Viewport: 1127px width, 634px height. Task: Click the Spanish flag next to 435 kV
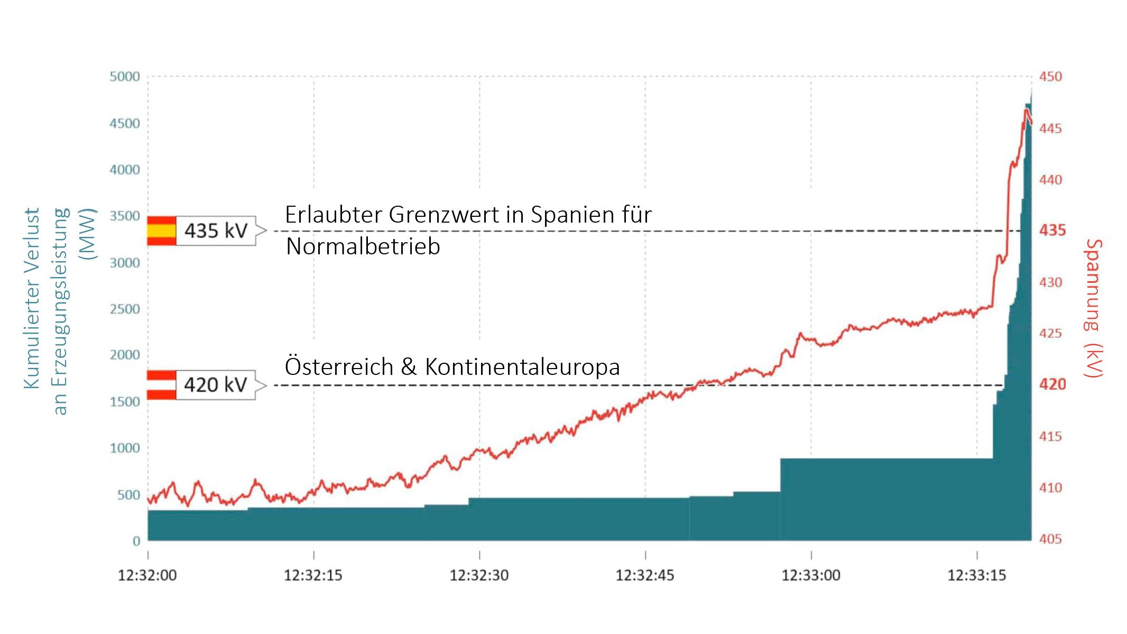161,231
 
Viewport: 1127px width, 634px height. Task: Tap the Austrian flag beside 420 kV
161,385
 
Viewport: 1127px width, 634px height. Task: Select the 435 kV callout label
216,231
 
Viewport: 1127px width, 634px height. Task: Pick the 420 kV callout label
216,385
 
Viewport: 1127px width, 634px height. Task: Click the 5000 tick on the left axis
125,77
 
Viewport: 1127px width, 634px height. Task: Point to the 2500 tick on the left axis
125,309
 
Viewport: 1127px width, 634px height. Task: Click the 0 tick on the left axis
136,541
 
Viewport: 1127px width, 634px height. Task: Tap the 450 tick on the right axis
1050,77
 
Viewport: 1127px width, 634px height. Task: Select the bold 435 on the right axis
1052,231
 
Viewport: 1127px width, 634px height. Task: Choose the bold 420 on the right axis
1052,384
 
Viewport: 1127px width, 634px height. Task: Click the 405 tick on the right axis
1050,539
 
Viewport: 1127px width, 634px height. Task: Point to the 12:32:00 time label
147,575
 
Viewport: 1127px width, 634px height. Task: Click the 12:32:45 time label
644,575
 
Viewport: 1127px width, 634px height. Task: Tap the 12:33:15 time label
976,575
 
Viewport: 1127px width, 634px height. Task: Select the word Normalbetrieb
363,246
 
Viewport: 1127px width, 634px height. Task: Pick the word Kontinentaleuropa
522,367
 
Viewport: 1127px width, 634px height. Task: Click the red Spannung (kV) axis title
1093,308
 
